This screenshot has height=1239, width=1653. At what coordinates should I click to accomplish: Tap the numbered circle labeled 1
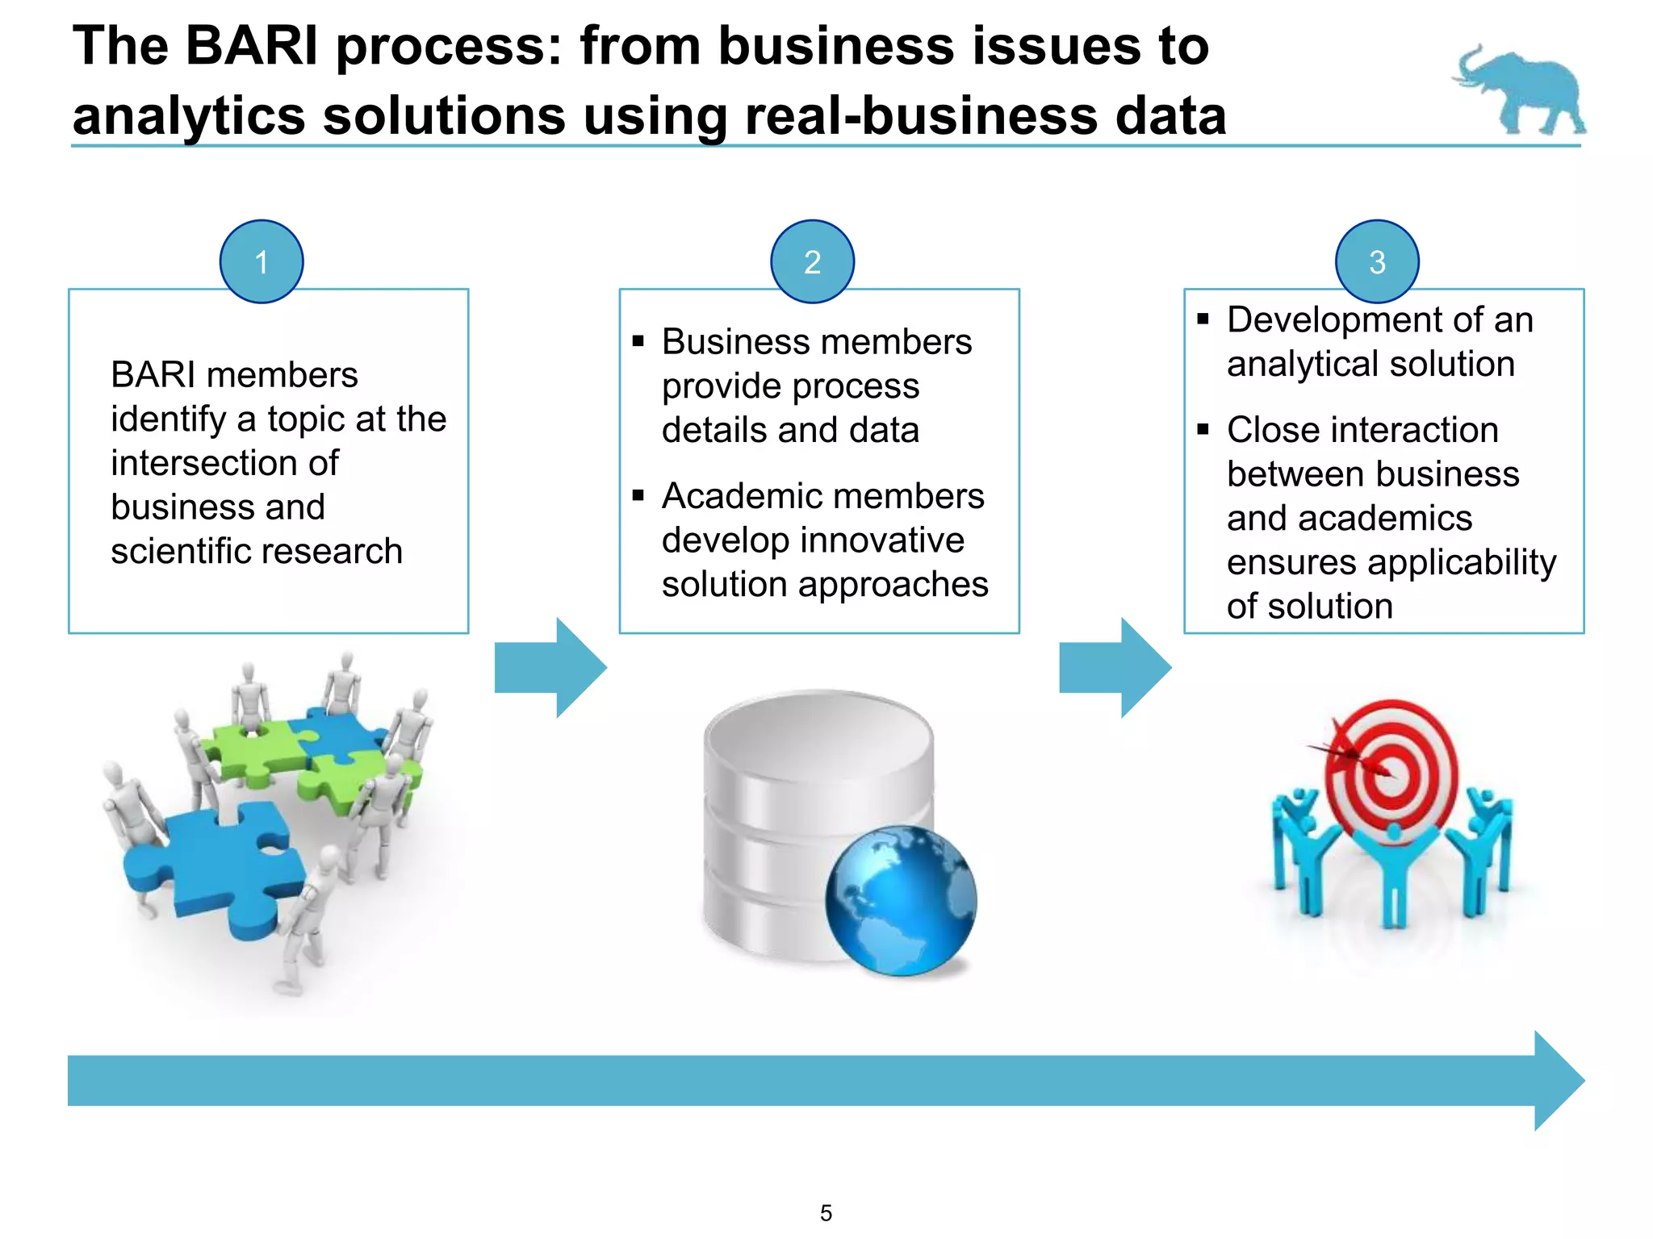[x=262, y=262]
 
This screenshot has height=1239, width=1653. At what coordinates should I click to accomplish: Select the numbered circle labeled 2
[x=812, y=262]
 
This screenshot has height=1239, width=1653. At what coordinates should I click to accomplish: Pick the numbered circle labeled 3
[x=1377, y=262]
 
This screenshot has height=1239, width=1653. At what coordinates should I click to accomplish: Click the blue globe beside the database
[x=901, y=900]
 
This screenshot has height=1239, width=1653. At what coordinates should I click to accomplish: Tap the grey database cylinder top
[x=818, y=734]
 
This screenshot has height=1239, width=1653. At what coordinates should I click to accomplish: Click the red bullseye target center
[x=1390, y=774]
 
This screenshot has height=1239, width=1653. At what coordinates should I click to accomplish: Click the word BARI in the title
[x=252, y=46]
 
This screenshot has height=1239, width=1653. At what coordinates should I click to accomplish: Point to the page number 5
[x=826, y=1213]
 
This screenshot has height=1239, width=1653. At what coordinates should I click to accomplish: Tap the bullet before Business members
[x=638, y=341]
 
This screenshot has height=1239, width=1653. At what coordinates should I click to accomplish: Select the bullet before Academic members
[x=638, y=495]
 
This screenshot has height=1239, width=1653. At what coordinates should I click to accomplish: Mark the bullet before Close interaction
[x=1203, y=429]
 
